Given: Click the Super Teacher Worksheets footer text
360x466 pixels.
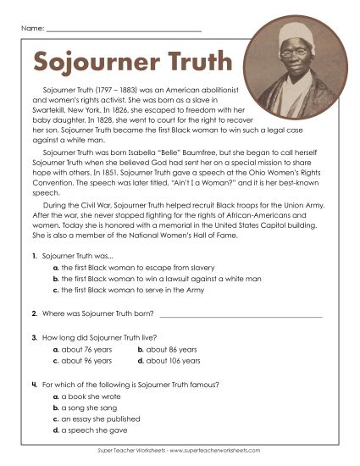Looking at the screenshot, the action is [x=180, y=450].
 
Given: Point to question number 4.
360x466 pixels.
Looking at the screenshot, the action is [x=33, y=385].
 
